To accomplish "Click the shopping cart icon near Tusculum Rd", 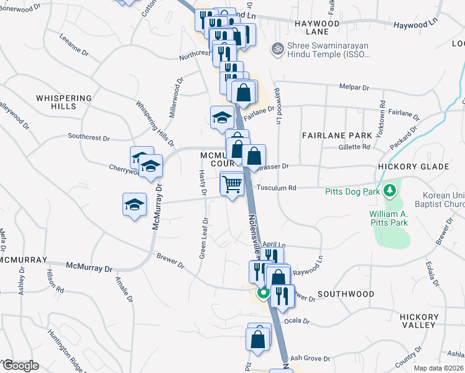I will pyautogui.click(x=232, y=184).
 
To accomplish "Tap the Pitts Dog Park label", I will pyautogui.click(x=352, y=191).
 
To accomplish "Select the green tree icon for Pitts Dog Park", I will pyautogui.click(x=390, y=190).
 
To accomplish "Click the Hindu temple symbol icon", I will pyautogui.click(x=277, y=48).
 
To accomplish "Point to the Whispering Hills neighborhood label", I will pyautogui.click(x=63, y=103).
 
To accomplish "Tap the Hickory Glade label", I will pyautogui.click(x=413, y=167).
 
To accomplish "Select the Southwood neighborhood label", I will pyautogui.click(x=346, y=294).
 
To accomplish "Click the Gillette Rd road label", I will pyautogui.click(x=354, y=147).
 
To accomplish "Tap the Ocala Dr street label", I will pyautogui.click(x=297, y=321).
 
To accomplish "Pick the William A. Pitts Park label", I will pyautogui.click(x=383, y=219).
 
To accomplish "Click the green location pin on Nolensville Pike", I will pyautogui.click(x=263, y=292).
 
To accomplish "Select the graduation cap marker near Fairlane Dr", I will pyautogui.click(x=222, y=117).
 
